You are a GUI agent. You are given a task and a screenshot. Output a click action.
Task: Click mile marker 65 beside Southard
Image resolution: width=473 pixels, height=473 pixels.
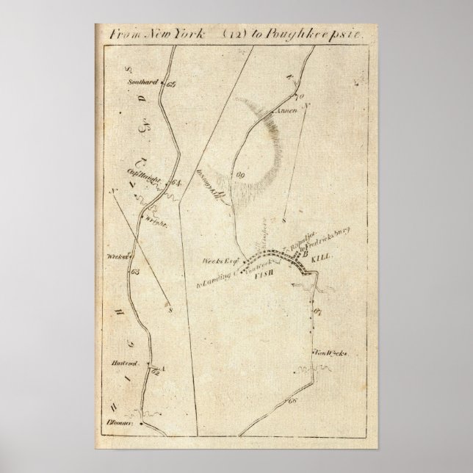pyautogui.click(x=172, y=84)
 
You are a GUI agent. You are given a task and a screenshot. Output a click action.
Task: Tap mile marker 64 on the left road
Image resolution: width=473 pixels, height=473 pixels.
pyautogui.click(x=174, y=184)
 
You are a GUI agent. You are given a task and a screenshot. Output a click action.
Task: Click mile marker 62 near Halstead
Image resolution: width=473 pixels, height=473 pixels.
pyautogui.click(x=154, y=373)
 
